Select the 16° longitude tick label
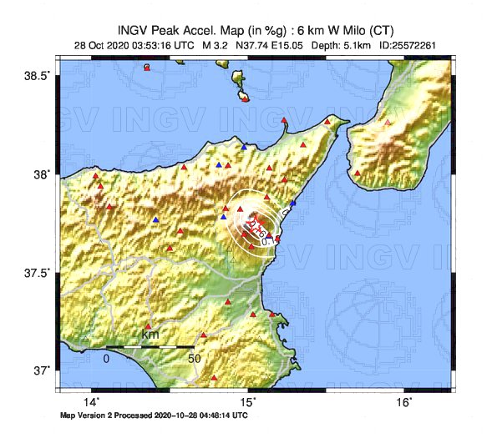[x=403, y=402]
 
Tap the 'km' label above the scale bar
[x=150, y=335]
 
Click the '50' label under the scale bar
[x=194, y=359]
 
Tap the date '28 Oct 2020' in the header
[x=104, y=45]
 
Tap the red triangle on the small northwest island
[x=147, y=68]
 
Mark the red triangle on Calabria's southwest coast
[x=358, y=174]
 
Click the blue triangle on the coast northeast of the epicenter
[x=292, y=203]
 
